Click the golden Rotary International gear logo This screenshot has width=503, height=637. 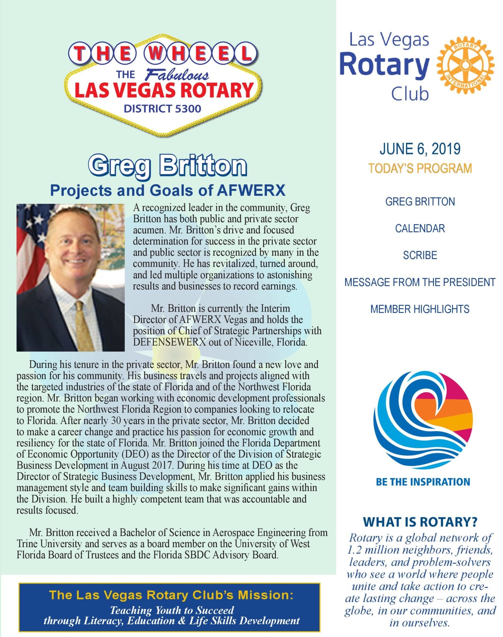pyautogui.click(x=465, y=66)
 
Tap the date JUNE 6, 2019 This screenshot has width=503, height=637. pyautogui.click(x=420, y=149)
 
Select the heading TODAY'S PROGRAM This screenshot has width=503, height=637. pyautogui.click(x=420, y=168)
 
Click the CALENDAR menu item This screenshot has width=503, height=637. pyautogui.click(x=420, y=229)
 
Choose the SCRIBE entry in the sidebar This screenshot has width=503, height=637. pyautogui.click(x=420, y=255)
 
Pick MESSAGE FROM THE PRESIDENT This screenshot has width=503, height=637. pyautogui.click(x=420, y=282)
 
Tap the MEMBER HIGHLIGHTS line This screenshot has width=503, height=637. pyautogui.click(x=420, y=309)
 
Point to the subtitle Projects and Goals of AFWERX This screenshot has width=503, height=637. pyautogui.click(x=168, y=190)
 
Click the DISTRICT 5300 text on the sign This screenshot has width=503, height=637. pyautogui.click(x=162, y=109)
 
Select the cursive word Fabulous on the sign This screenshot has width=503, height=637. pyautogui.click(x=177, y=75)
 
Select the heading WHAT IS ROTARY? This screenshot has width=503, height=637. pyautogui.click(x=420, y=522)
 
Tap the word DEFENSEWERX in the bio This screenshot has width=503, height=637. pyautogui.click(x=170, y=342)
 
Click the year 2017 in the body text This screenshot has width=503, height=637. pyautogui.click(x=155, y=466)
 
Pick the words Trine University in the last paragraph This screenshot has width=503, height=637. pyautogui.click(x=49, y=544)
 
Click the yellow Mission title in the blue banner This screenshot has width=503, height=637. pyautogui.click(x=171, y=595)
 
